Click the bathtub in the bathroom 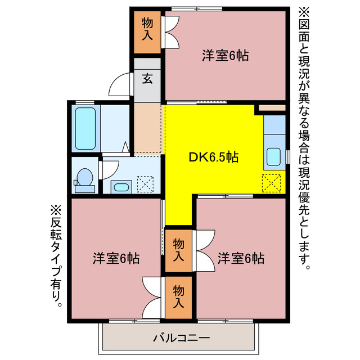(85, 128)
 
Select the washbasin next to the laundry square (120, 186)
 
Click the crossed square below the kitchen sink (272, 183)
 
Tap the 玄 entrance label (147, 79)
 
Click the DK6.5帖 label (213, 157)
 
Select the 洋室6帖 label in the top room (225, 56)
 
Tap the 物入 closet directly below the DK (178, 250)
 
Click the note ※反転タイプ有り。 (56, 256)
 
